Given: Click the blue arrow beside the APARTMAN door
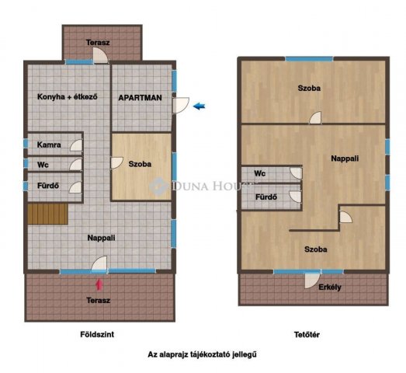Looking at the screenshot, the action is [199, 106].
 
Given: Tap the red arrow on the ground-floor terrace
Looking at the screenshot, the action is [99, 284].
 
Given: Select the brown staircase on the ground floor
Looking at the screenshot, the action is [48, 214].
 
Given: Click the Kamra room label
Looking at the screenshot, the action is [49, 145].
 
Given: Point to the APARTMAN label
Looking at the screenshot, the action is [140, 98].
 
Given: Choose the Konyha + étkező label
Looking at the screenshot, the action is [68, 96].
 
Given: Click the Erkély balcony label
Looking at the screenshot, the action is [330, 288].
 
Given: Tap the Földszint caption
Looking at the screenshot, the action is [97, 334].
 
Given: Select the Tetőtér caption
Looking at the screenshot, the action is [307, 335].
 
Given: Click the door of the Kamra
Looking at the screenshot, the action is [76, 145].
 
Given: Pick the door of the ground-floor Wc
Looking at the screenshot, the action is [75, 165].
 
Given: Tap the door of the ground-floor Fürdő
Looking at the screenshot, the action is [75, 187].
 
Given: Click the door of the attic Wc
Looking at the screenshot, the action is [296, 173].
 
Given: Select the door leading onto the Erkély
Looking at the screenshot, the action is [312, 281].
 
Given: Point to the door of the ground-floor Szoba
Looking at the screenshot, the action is [116, 163].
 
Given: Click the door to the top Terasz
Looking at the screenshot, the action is [100, 55].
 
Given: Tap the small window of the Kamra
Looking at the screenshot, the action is [26, 144].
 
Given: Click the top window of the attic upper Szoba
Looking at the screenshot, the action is [309, 59].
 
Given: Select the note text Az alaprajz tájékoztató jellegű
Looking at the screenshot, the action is [202, 354].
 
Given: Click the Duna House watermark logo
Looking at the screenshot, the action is [158, 186].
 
